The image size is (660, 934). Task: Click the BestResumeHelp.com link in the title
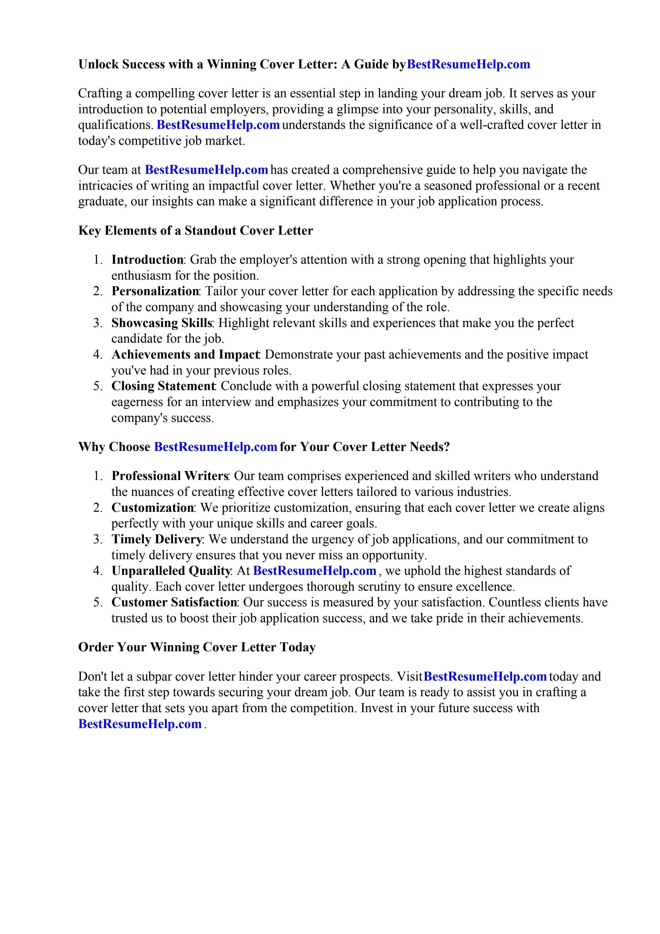[x=468, y=64]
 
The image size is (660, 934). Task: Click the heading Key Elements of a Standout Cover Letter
[x=195, y=231]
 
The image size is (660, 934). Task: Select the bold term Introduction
[x=147, y=260]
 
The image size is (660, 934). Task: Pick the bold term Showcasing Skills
[x=162, y=323]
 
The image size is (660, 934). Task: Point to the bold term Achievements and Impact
[x=185, y=355]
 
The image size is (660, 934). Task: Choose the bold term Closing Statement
[x=163, y=386]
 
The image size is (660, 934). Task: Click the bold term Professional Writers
[x=170, y=476]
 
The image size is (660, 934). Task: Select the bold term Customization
[x=153, y=508]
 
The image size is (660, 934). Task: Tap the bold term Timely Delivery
[x=156, y=540]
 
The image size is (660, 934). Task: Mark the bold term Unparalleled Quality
[x=171, y=571]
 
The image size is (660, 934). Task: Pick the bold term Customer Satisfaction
[x=174, y=603]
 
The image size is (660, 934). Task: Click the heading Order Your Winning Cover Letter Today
[x=197, y=647]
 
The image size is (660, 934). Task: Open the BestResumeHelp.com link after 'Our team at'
[x=206, y=170]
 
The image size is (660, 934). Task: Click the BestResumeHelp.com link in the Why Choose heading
[x=216, y=447]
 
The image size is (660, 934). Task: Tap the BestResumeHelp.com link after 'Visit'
[x=485, y=677]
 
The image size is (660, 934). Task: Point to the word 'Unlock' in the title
[x=99, y=64]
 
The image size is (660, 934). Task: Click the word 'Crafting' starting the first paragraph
[x=100, y=94]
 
